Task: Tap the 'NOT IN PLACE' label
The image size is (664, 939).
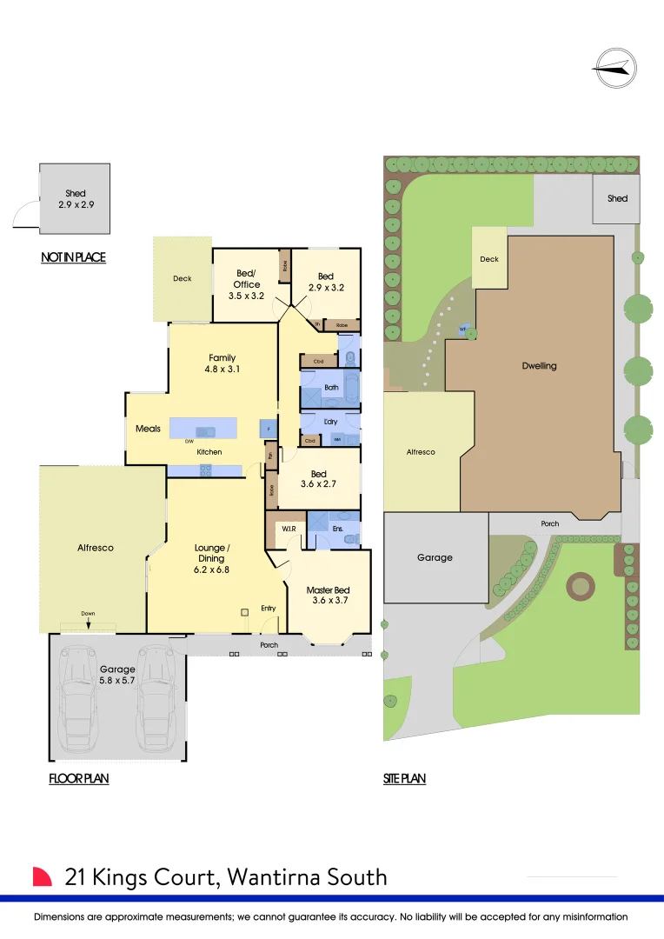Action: tap(73, 257)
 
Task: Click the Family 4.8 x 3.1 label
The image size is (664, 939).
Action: tap(222, 363)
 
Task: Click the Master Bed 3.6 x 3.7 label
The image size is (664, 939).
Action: tap(328, 596)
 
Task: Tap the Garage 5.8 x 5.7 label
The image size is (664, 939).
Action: tap(117, 675)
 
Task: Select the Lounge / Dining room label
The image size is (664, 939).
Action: tap(211, 559)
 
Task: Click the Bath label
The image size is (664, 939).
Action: tap(331, 388)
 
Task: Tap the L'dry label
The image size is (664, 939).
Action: tap(330, 422)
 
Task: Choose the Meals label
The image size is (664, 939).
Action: tap(148, 429)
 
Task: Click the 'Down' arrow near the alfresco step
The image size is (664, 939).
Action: tap(88, 620)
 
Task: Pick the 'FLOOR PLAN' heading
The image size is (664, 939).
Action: tap(78, 779)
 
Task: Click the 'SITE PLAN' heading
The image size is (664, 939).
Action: tap(404, 779)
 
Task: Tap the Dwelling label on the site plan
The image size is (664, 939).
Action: tap(539, 366)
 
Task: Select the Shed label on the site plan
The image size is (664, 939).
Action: tap(617, 198)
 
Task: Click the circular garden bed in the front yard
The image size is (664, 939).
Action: tap(578, 587)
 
